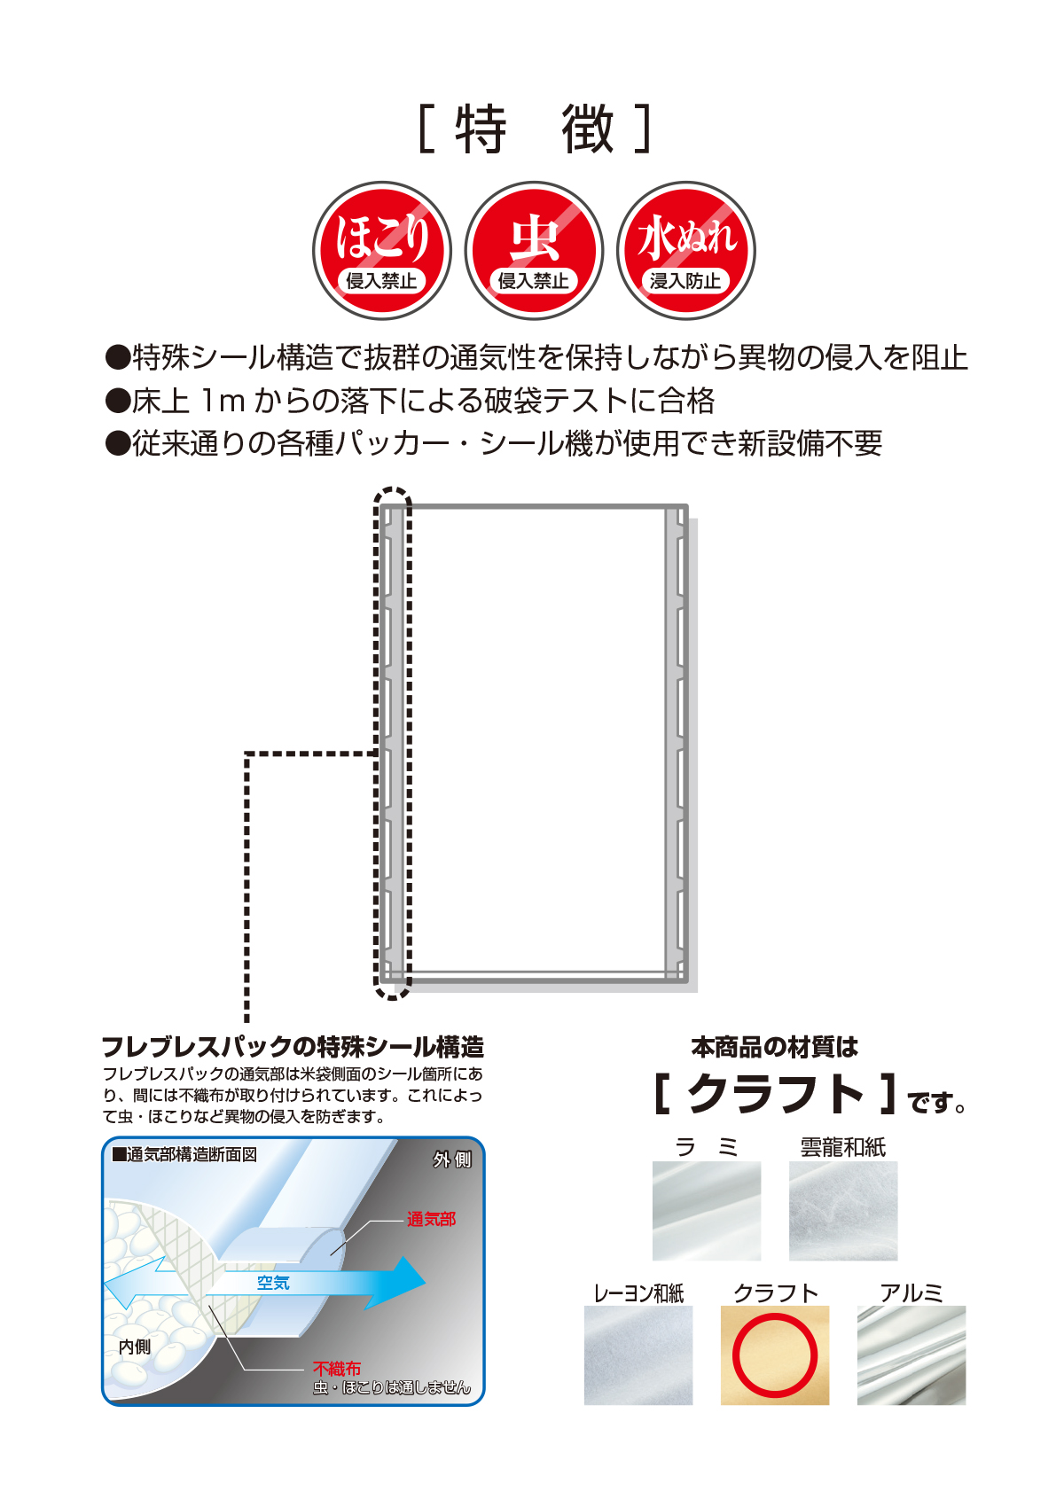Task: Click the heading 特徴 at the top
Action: pyautogui.click(x=535, y=129)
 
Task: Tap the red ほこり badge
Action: pyautogui.click(x=382, y=250)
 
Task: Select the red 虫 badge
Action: pyautogui.click(x=534, y=250)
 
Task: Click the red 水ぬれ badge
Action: pyautogui.click(x=686, y=250)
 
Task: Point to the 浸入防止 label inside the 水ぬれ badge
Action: pyautogui.click(x=685, y=281)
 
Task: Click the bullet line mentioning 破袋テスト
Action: pyautogui.click(x=410, y=401)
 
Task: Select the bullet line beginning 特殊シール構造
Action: pyautogui.click(x=536, y=357)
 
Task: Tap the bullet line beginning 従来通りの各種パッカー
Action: pyautogui.click(x=494, y=443)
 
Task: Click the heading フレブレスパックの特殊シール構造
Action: pyautogui.click(x=293, y=1047)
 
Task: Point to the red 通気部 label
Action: pyautogui.click(x=431, y=1220)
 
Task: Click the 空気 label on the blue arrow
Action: pyautogui.click(x=273, y=1283)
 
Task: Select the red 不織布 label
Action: pyautogui.click(x=337, y=1369)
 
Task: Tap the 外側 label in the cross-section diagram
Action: pyautogui.click(x=452, y=1160)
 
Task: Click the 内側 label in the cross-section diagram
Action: pyautogui.click(x=135, y=1347)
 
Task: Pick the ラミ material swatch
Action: pyautogui.click(x=707, y=1211)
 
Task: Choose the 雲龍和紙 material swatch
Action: pyautogui.click(x=843, y=1211)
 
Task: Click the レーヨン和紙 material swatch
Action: pyautogui.click(x=638, y=1355)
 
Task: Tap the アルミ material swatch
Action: pyautogui.click(x=911, y=1355)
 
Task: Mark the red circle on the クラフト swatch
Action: pyautogui.click(x=775, y=1355)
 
